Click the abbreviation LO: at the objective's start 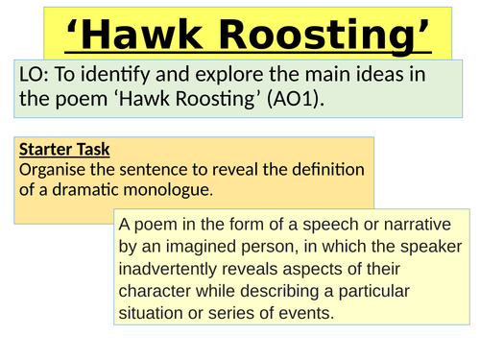click(x=32, y=75)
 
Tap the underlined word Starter click(x=45, y=150)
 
